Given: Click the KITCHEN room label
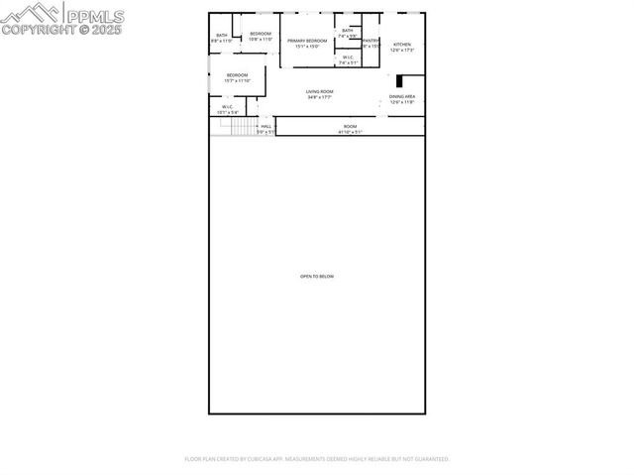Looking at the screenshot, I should tap(401, 45).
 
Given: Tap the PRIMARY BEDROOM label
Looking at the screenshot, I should tap(307, 41).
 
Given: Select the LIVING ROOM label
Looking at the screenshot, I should tap(319, 91).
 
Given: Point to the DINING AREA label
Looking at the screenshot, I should tap(401, 96).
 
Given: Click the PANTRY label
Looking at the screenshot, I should tap(370, 41).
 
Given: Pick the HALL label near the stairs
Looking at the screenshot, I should tap(265, 126).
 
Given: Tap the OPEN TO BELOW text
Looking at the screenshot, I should tap(317, 276).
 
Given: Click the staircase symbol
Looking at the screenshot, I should tap(243, 127).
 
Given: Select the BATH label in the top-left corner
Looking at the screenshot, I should tap(222, 36).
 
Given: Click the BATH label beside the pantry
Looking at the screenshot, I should tap(347, 31).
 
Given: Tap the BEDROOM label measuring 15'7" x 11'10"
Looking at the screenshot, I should tap(237, 75).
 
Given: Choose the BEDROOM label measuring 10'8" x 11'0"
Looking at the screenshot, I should tap(261, 35).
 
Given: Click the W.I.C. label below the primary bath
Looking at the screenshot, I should tap(349, 58).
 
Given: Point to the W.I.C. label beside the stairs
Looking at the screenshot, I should tap(227, 107).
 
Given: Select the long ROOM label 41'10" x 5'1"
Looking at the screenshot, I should tap(350, 126).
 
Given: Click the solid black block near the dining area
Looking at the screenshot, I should tap(399, 81).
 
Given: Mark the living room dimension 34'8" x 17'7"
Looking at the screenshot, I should tap(319, 97).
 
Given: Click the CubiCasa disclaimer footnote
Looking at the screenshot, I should tap(317, 459).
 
